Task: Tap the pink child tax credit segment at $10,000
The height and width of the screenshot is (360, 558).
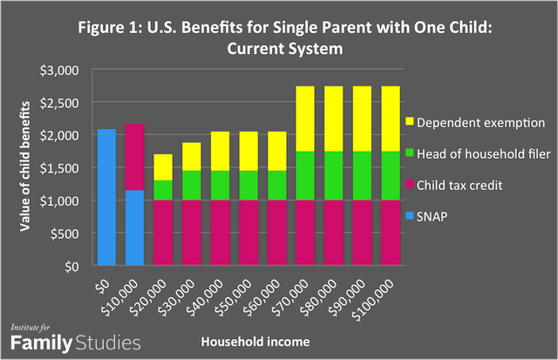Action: tap(134, 157)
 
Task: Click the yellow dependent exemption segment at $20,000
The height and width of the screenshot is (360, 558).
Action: tap(163, 167)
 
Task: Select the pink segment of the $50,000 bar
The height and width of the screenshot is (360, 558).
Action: tap(248, 233)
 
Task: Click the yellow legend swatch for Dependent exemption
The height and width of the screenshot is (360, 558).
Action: tap(412, 121)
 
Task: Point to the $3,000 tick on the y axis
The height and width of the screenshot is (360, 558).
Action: tap(71, 70)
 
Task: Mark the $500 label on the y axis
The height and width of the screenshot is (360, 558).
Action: tap(76, 234)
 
